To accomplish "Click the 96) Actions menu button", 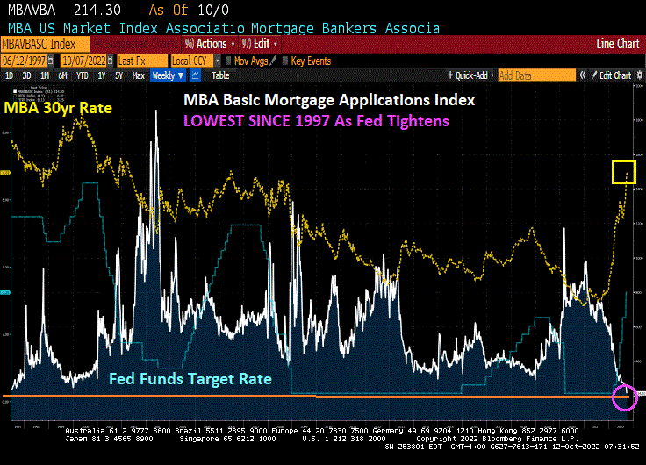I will click(207, 43).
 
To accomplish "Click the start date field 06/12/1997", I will click(24, 61).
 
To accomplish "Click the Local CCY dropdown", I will click(193, 61).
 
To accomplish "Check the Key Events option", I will click(306, 61).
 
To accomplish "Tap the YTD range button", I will click(83, 75).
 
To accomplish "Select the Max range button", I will click(138, 75).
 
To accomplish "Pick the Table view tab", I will click(220, 75).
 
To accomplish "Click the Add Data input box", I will click(535, 75).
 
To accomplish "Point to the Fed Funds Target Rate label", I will click(190, 379).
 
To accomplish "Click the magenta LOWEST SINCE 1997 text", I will click(316, 120).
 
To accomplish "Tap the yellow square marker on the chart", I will click(624, 172).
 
